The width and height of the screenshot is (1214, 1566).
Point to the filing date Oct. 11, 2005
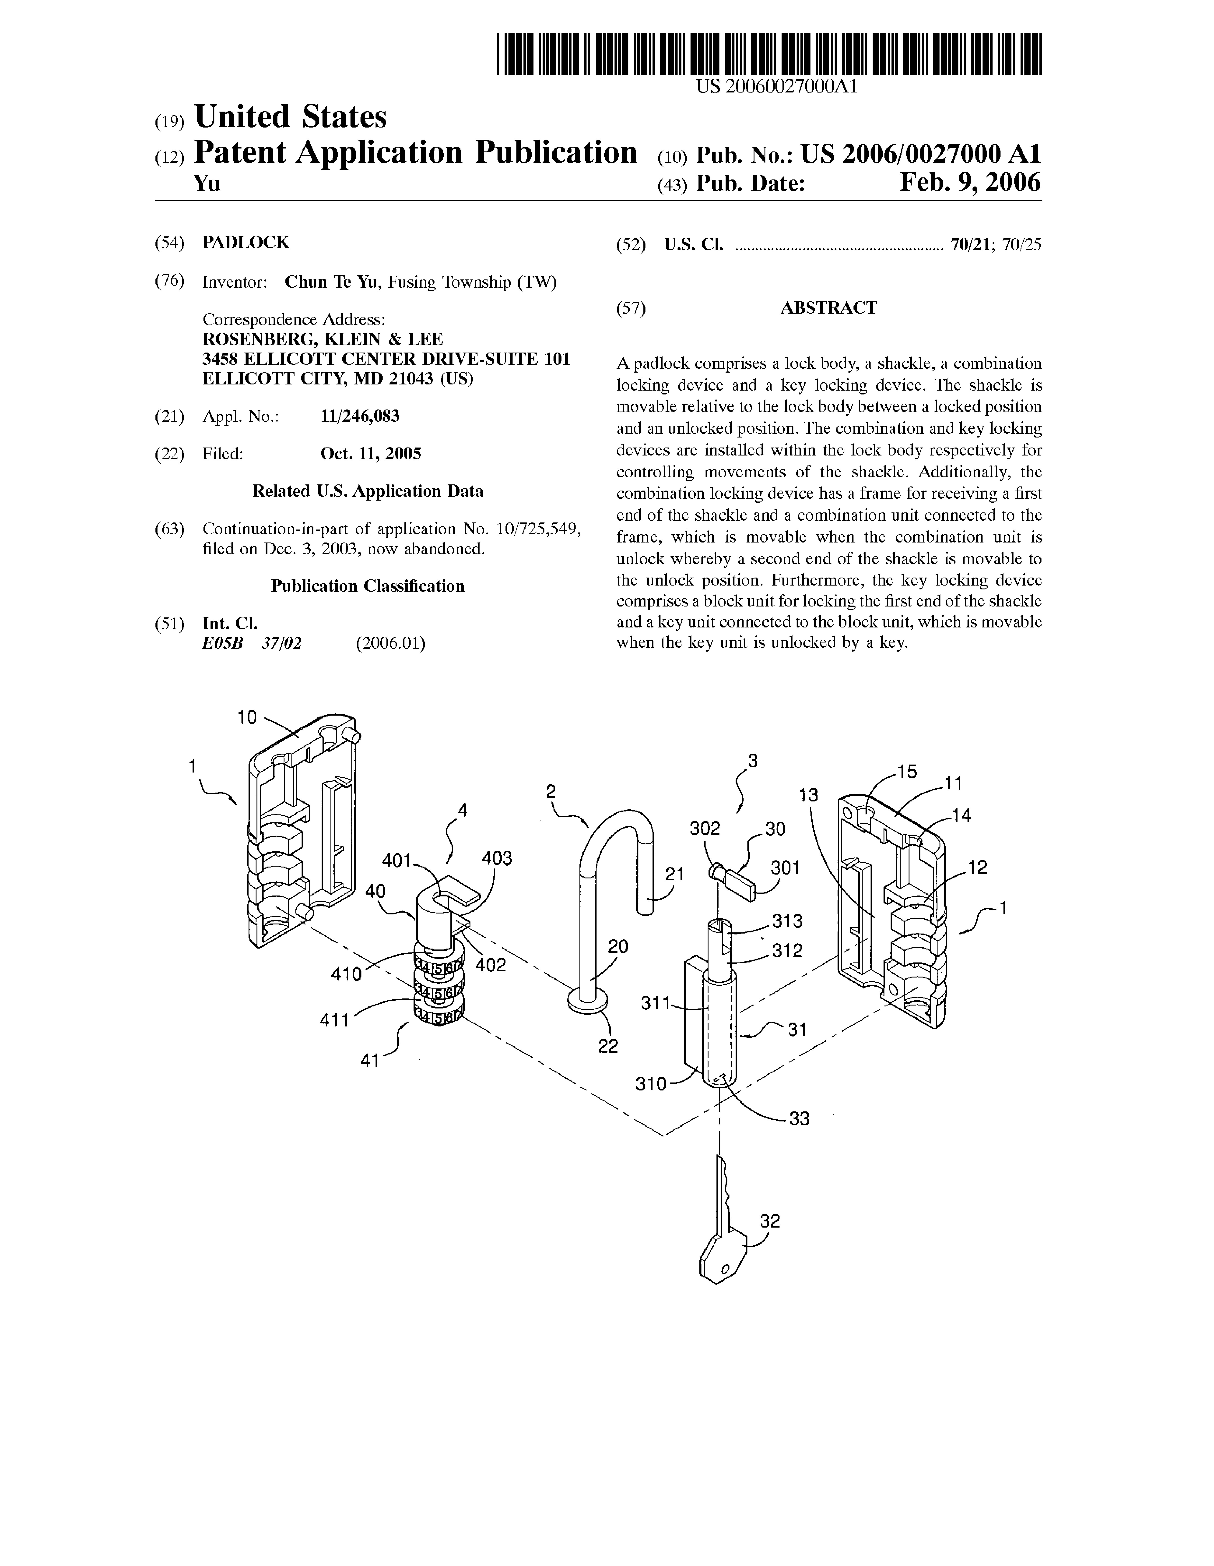(371, 454)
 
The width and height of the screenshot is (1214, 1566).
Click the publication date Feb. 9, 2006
(970, 183)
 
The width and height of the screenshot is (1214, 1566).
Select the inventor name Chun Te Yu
(332, 282)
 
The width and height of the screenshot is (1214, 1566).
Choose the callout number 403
(497, 858)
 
